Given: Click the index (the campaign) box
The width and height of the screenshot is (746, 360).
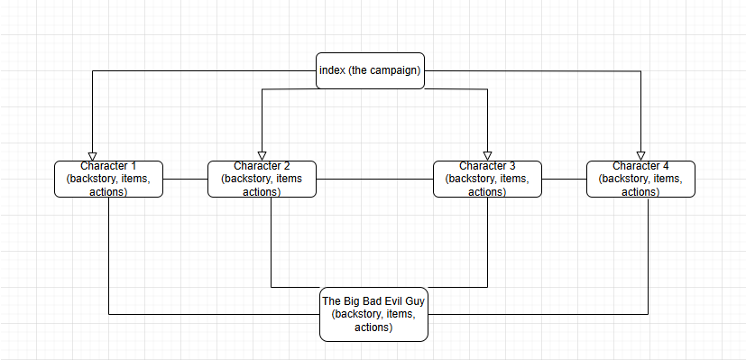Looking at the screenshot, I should click(370, 70).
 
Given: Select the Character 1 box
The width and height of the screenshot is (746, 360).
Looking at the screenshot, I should click(108, 179).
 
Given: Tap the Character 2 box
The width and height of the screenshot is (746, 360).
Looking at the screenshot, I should click(262, 179).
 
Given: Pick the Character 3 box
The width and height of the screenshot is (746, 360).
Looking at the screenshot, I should click(487, 179).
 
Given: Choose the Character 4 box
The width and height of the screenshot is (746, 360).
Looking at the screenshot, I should click(640, 179).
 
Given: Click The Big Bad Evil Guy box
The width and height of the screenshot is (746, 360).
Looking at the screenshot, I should click(373, 314).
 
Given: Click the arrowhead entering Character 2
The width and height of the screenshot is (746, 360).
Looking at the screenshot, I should click(262, 154).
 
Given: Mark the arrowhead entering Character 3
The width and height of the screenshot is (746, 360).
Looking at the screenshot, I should click(487, 154).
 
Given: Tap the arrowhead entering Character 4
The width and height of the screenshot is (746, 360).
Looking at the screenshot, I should click(640, 154).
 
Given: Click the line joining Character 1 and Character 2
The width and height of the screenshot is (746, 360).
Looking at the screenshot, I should click(185, 179).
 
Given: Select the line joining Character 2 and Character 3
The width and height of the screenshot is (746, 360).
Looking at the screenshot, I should click(374, 179).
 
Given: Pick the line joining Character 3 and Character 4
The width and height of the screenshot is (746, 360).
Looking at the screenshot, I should click(564, 179).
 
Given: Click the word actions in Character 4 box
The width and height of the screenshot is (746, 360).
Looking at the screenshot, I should click(640, 191).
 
